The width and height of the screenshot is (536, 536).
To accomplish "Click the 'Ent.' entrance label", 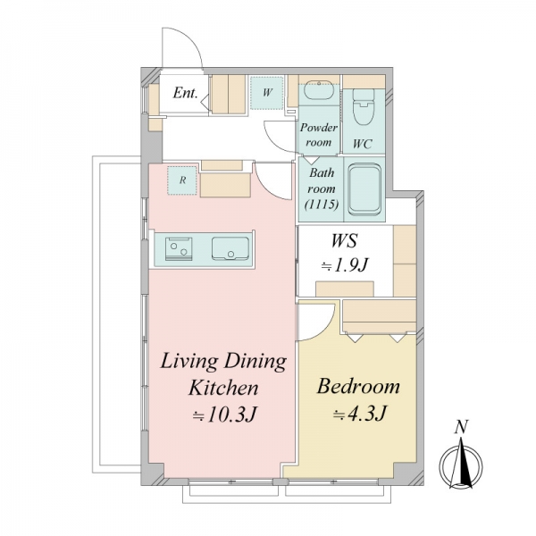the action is (x=185, y=93).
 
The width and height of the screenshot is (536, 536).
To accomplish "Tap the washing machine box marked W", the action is (x=266, y=93).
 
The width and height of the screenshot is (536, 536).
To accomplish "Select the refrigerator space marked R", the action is (x=182, y=180).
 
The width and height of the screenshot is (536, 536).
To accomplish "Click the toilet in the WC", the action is (x=364, y=107).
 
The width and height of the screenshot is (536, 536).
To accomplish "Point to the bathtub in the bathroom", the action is (x=364, y=189).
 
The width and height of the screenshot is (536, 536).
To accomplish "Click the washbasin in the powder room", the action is (x=319, y=90).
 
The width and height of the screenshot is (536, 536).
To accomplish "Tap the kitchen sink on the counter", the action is (x=230, y=248).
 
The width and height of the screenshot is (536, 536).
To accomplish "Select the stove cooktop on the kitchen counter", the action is (x=179, y=249).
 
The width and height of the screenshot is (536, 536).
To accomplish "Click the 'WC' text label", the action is (x=362, y=144).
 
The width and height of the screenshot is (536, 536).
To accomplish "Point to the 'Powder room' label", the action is (x=319, y=135).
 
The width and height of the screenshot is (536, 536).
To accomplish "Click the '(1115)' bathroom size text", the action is (x=322, y=205).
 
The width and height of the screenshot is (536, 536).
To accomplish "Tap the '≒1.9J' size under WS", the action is (x=345, y=265).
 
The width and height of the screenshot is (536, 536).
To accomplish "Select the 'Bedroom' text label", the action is (x=358, y=387).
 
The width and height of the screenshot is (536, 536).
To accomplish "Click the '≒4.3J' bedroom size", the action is (x=360, y=414).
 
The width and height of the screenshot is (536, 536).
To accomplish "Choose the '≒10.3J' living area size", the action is (x=224, y=415).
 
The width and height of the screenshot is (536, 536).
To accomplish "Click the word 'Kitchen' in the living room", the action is (x=223, y=388).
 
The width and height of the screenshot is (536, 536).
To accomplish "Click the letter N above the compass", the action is (x=462, y=427).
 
